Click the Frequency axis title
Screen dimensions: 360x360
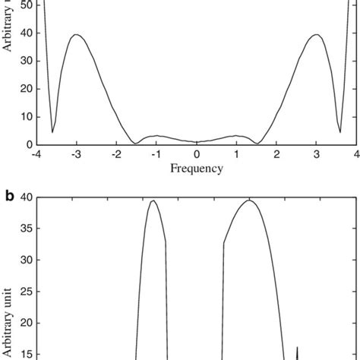point(196,169)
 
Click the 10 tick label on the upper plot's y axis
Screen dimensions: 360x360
point(25,117)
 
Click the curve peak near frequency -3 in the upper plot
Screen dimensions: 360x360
point(76,34)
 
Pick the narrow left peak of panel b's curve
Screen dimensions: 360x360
point(153,201)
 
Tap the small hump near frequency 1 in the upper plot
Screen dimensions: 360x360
point(237,136)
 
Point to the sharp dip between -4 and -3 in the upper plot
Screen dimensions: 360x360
point(52,132)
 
